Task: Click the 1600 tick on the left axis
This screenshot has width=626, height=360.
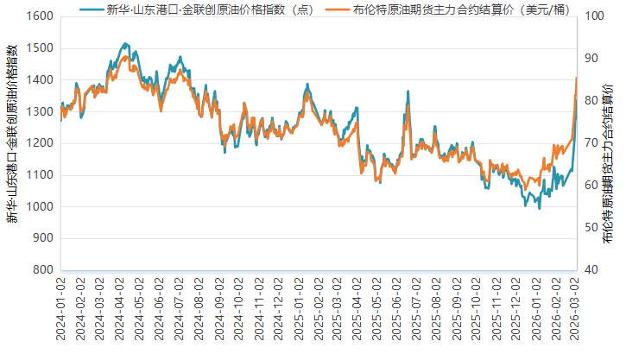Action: [41, 16]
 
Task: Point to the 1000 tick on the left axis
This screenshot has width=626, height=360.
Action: [41, 206]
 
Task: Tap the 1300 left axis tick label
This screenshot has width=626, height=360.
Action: [41, 111]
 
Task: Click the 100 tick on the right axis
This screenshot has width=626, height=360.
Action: [595, 16]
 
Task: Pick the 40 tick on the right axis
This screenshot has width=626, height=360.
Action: [592, 269]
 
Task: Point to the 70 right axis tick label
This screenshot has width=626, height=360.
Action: [592, 143]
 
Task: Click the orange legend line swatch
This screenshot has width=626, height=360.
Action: [339, 9]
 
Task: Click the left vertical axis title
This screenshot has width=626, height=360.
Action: [13, 143]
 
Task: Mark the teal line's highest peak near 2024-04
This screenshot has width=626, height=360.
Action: [124, 42]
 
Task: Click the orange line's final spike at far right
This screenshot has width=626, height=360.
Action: [576, 79]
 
